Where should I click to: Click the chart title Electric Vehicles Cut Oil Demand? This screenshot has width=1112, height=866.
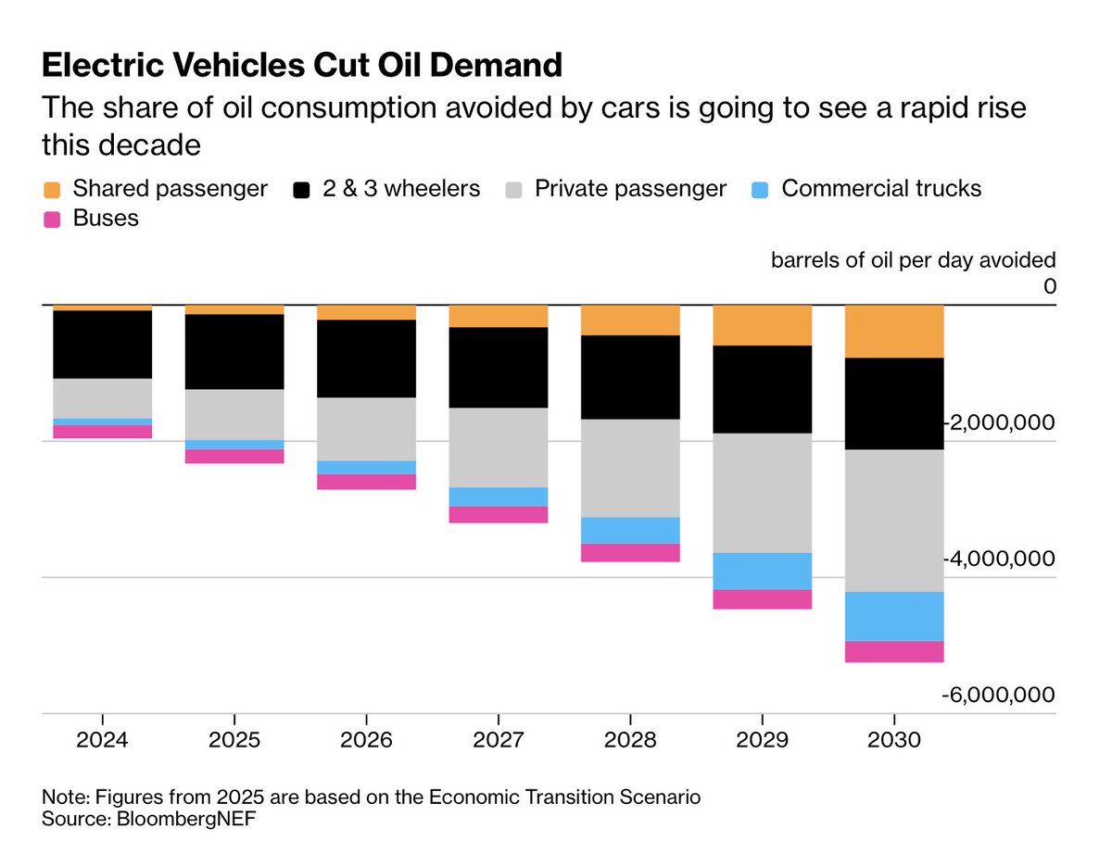pyautogui.click(x=302, y=65)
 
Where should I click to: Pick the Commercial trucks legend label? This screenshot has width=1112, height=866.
pyautogui.click(x=880, y=189)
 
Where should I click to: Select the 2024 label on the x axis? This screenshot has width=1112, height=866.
pyautogui.click(x=102, y=741)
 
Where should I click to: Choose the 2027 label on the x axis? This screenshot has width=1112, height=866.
pyautogui.click(x=499, y=741)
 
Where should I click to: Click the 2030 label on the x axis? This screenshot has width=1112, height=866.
pyautogui.click(x=894, y=741)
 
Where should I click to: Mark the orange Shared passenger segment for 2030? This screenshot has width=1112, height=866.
pyautogui.click(x=894, y=332)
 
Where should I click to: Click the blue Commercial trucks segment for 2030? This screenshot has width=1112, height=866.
pyautogui.click(x=894, y=616)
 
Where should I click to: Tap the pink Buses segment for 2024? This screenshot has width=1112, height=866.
pyautogui.click(x=102, y=432)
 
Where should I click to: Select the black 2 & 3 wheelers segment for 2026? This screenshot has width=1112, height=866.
pyautogui.click(x=366, y=358)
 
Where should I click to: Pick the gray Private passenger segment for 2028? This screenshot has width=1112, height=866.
pyautogui.click(x=630, y=468)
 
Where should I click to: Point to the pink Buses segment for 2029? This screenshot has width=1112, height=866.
pyautogui.click(x=762, y=599)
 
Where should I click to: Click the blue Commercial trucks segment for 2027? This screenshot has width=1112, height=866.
pyautogui.click(x=499, y=496)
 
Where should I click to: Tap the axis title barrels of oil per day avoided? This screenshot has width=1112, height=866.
pyautogui.click(x=913, y=260)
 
